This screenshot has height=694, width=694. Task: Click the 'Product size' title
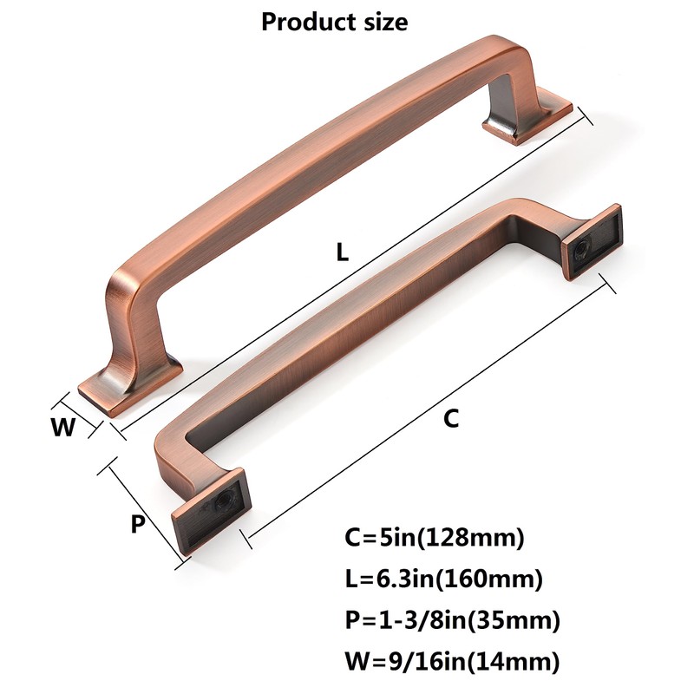point(334,22)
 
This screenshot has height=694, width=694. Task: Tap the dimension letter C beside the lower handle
point(450,419)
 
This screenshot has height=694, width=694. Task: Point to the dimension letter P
point(137,525)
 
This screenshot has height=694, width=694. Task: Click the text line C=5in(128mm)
point(435,538)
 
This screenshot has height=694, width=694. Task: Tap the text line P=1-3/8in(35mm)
point(451,620)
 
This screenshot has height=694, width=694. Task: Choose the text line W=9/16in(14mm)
point(451,662)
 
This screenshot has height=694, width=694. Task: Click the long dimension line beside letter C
point(434,412)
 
